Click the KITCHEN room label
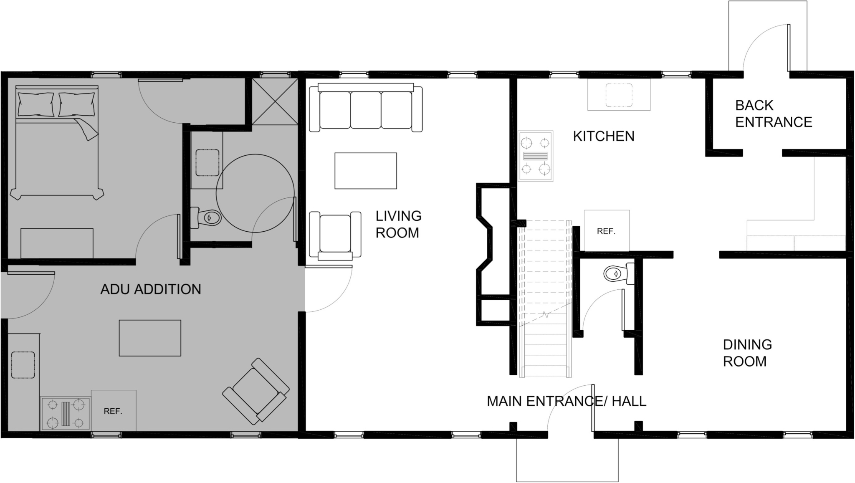(603, 136)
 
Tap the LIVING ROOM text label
(398, 224)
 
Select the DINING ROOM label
(747, 353)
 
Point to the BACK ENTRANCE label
(774, 114)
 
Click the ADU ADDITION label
(151, 289)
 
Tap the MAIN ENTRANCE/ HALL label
(567, 401)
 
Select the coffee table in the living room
(366, 171)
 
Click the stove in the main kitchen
(536, 156)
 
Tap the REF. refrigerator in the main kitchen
(607, 231)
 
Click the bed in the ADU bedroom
(57, 142)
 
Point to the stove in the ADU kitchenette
(66, 414)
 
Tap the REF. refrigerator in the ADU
(114, 411)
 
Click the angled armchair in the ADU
(256, 391)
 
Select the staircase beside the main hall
(545, 299)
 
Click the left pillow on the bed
(35, 104)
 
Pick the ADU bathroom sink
(208, 162)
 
